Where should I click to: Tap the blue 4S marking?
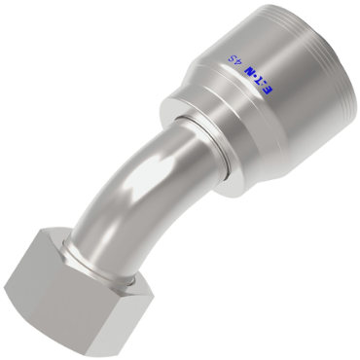point(234,59)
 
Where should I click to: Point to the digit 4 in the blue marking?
point(236,61)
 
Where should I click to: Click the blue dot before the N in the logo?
point(256,78)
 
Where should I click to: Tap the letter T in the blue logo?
point(262,82)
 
